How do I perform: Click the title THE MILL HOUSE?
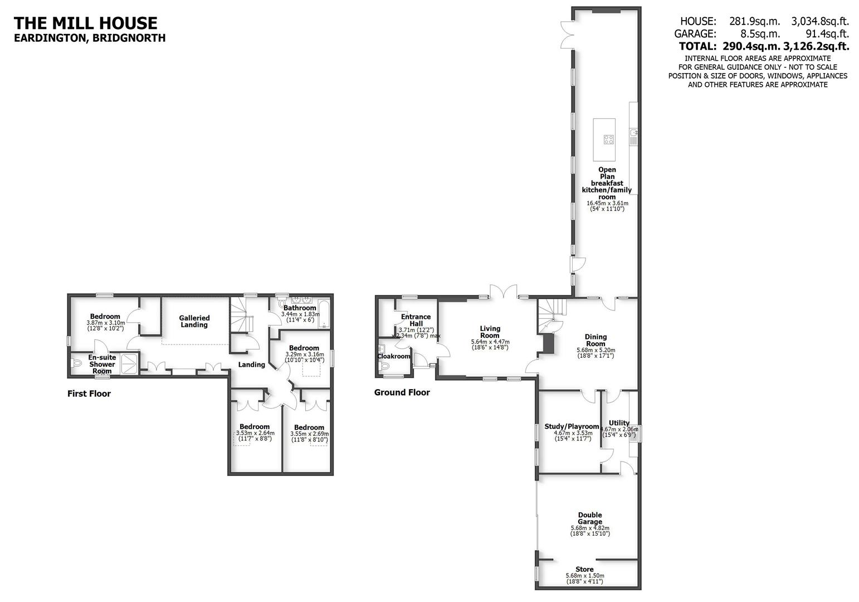click(x=85, y=23)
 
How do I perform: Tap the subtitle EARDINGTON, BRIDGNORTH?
click(x=89, y=38)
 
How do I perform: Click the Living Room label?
click(x=490, y=332)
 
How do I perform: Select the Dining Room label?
click(x=596, y=340)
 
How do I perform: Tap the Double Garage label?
click(x=590, y=518)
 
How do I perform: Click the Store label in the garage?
click(x=584, y=569)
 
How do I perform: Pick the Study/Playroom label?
click(x=572, y=426)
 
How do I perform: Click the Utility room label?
click(x=619, y=423)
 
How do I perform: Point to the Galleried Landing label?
click(x=194, y=321)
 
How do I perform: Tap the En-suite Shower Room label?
click(x=102, y=364)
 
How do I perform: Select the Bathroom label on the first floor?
click(x=300, y=308)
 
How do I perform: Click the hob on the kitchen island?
click(x=606, y=139)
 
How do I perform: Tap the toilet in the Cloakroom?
click(x=384, y=366)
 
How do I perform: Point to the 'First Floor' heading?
click(x=89, y=394)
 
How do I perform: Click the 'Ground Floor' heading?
click(x=402, y=392)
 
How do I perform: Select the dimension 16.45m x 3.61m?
click(x=607, y=203)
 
